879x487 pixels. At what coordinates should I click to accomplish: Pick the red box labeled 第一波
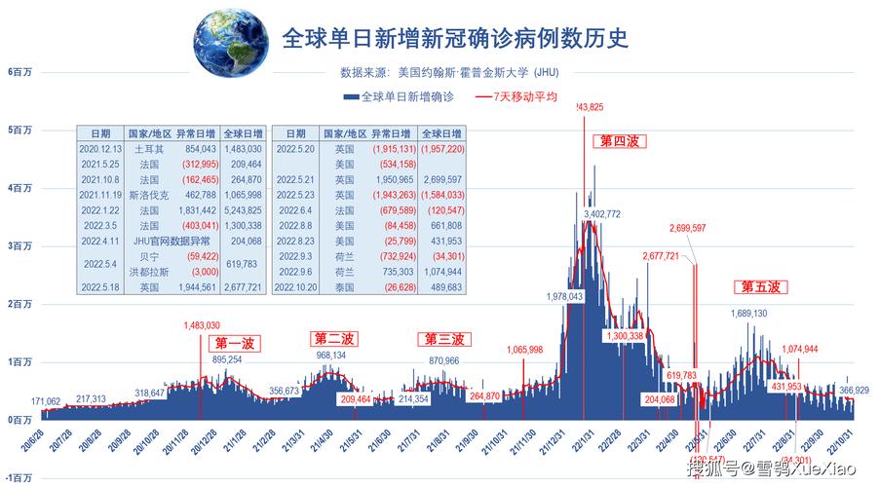click(234, 343)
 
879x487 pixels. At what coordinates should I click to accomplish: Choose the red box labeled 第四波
click(618, 141)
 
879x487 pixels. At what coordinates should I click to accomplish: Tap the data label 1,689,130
click(748, 314)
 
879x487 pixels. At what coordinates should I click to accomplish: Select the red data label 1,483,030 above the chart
click(202, 325)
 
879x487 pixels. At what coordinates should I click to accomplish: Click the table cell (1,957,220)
click(441, 149)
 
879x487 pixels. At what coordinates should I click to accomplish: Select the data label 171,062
click(47, 401)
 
